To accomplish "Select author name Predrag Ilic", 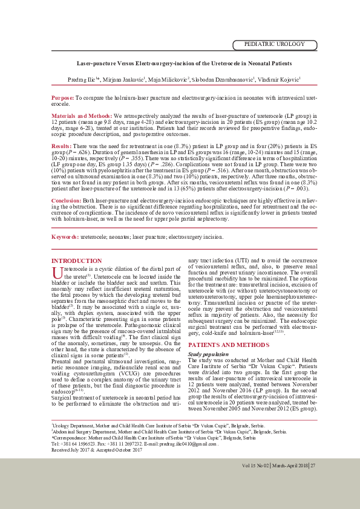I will point(81,80).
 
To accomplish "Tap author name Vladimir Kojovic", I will point(278,80).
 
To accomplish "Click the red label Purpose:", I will point(62,97).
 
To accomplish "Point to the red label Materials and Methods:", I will point(80,115).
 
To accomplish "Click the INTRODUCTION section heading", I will point(76,261).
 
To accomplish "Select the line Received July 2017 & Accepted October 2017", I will point(97,450).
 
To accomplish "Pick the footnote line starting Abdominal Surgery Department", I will point(169,432).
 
